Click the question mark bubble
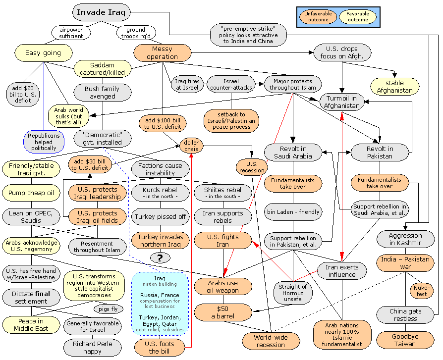[160, 257]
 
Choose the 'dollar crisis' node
[191, 146]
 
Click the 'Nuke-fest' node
[421, 290]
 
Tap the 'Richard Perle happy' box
[93, 348]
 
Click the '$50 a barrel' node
[219, 312]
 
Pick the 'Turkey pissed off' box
[161, 216]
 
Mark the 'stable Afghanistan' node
[394, 87]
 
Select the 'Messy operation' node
[162, 53]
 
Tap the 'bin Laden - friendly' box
[293, 212]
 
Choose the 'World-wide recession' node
[271, 341]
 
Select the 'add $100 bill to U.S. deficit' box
[163, 123]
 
